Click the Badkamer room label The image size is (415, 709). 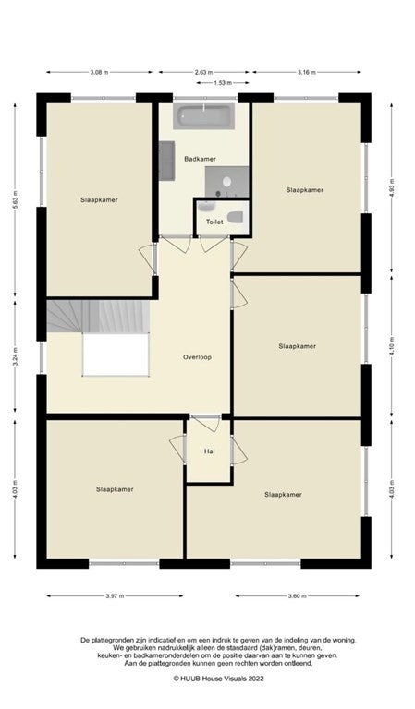tap(200, 159)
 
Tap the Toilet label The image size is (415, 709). tap(214, 222)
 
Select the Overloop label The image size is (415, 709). tap(197, 357)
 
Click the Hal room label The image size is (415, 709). tap(209, 451)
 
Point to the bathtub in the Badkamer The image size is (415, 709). tap(203, 116)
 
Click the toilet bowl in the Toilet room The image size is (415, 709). tap(236, 218)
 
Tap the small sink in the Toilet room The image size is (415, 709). tap(206, 207)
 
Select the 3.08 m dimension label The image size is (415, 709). tap(99, 72)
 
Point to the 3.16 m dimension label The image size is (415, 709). tap(306, 72)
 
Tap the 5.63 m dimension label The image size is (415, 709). tap(15, 200)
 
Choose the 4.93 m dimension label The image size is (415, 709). tap(392, 186)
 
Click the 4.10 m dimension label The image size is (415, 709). tap(392, 346)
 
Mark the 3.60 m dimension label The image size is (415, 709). tap(298, 596)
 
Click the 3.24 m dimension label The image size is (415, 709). tap(15, 356)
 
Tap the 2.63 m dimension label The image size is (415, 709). tap(203, 72)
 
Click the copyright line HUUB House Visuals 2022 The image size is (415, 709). tap(218, 679)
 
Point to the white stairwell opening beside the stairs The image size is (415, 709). tap(116, 354)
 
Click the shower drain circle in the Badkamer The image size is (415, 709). tap(226, 182)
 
